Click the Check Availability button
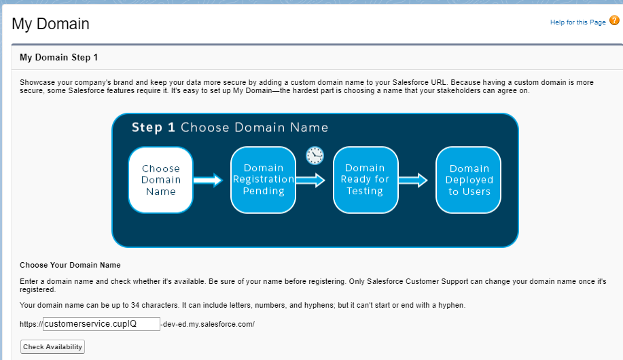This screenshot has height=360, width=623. pyautogui.click(x=52, y=347)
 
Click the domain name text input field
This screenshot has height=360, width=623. pyautogui.click(x=101, y=324)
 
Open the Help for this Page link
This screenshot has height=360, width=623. pyautogui.click(x=577, y=22)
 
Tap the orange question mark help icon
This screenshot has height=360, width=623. pyautogui.click(x=614, y=20)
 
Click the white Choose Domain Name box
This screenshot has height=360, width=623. pyautogui.click(x=160, y=180)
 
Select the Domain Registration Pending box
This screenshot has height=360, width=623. pyautogui.click(x=263, y=180)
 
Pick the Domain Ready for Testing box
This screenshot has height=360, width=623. pyautogui.click(x=366, y=180)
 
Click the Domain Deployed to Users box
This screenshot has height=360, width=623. pyautogui.click(x=469, y=180)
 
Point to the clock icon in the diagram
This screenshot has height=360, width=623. pyautogui.click(x=315, y=156)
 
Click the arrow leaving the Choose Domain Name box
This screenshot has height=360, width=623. pyautogui.click(x=208, y=180)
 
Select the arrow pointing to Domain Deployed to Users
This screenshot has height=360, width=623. pyautogui.click(x=413, y=181)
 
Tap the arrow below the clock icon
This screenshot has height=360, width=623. pyautogui.click(x=310, y=181)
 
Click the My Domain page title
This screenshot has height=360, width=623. pyautogui.click(x=50, y=24)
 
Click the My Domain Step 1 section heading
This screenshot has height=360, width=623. pyautogui.click(x=59, y=57)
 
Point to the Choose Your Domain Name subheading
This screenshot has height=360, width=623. pyautogui.click(x=71, y=265)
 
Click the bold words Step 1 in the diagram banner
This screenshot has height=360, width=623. pyautogui.click(x=154, y=128)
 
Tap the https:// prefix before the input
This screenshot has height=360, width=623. pyautogui.click(x=31, y=324)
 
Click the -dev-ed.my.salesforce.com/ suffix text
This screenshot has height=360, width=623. pyautogui.click(x=207, y=324)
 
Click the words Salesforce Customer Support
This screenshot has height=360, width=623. pyautogui.click(x=418, y=281)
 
